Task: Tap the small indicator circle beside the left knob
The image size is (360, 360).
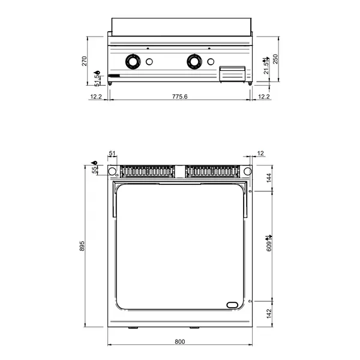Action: coord(150,61)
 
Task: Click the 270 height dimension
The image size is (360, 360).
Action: coord(85,60)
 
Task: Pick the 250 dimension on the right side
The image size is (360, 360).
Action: coord(275,59)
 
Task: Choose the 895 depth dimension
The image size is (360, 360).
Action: coord(85,247)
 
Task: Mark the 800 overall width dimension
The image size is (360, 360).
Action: coord(179,341)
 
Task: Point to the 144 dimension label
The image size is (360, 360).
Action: coord(270,177)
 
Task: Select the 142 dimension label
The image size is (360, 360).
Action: coord(270,312)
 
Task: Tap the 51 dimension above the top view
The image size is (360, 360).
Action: coord(111,154)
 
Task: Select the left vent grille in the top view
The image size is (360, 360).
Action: coord(148,172)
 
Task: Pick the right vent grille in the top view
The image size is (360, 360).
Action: coord(213,172)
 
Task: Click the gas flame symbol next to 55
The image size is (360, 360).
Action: coord(95,163)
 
